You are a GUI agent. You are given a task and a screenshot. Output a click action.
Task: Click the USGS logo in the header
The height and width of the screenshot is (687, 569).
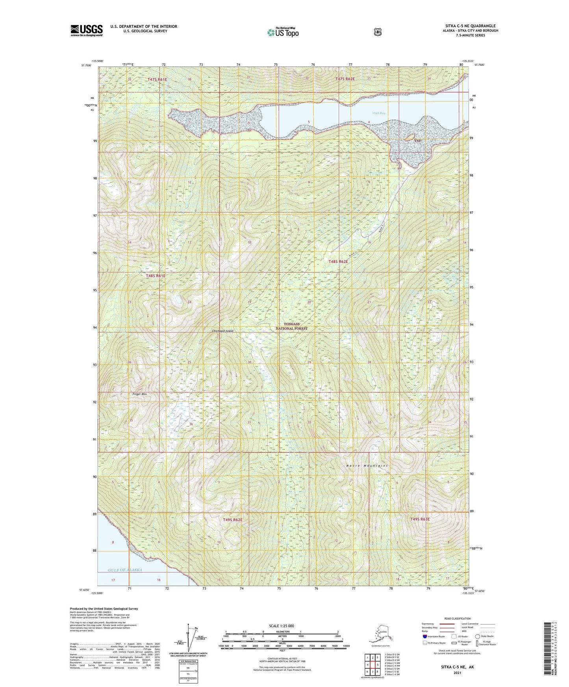pyautogui.click(x=87, y=30)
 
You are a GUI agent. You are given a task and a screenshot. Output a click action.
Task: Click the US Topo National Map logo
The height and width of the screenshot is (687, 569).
pyautogui.click(x=283, y=32)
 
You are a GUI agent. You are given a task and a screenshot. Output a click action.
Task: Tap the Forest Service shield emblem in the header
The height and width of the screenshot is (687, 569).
pyautogui.click(x=378, y=32)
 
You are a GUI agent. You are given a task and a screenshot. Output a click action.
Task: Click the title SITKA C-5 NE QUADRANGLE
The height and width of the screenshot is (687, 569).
pyautogui.click(x=470, y=26)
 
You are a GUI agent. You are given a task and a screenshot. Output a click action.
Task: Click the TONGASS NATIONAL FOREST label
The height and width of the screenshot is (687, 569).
pyautogui.click(x=291, y=326)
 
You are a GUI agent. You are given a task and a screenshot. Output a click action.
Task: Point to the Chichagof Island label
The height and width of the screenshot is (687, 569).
pyautogui.click(x=223, y=331)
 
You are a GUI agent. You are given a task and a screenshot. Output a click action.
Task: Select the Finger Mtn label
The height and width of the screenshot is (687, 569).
pyautogui.click(x=139, y=394)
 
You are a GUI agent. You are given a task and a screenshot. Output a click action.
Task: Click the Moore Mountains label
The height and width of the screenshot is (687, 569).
pyautogui.click(x=367, y=465)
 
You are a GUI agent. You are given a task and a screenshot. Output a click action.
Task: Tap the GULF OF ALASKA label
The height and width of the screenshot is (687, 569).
pyautogui.click(x=125, y=570)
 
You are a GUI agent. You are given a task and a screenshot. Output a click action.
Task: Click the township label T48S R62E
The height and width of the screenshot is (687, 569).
pyautogui.click(x=338, y=261)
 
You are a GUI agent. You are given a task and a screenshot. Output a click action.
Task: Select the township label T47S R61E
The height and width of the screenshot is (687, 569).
pyautogui.click(x=157, y=79)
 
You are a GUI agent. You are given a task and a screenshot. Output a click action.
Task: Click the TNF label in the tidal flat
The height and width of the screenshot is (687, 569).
pyautogui.click(x=418, y=140)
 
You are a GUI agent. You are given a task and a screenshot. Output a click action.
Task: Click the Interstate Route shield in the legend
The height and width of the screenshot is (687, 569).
pyautogui.click(x=424, y=636)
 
